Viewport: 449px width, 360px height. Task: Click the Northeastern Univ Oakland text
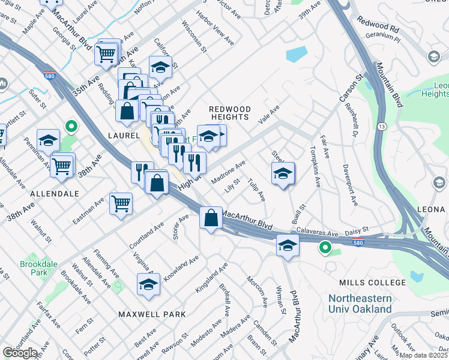pyautogui.click(x=360, y=304)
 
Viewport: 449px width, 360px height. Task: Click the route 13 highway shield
pyautogui.click(x=382, y=127)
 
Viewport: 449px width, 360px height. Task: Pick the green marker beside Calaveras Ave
pyautogui.click(x=325, y=246)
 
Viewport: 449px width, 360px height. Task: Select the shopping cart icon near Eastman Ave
pyautogui.click(x=121, y=204)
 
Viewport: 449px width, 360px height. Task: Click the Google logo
pyautogui.click(x=20, y=352)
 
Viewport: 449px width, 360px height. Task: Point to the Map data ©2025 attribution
pyautogui.click(x=423, y=355)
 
